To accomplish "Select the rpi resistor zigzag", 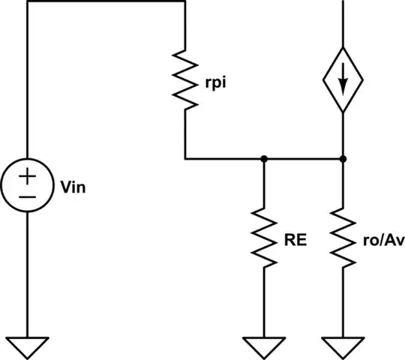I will (x=184, y=79).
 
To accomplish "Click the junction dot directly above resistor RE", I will (x=264, y=159).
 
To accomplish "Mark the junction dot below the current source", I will (x=343, y=159).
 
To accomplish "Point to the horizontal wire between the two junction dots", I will (x=303, y=159).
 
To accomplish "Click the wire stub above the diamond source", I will (x=343, y=22).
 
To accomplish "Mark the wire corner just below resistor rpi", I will (x=184, y=159).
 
